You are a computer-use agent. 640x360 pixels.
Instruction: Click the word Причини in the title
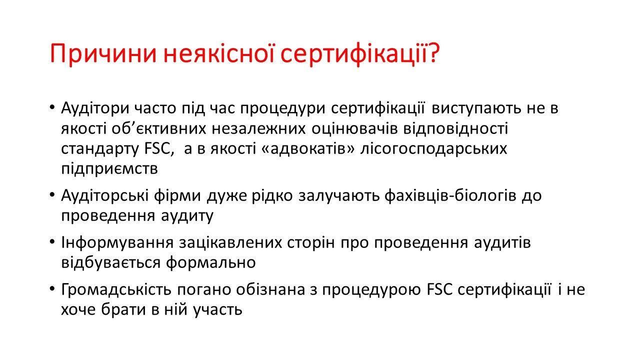pos(103,54)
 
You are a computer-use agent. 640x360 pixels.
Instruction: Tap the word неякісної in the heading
pos(218,53)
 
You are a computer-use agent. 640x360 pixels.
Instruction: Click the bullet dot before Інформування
pos(51,241)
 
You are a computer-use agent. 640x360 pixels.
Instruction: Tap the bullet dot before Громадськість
pos(51,288)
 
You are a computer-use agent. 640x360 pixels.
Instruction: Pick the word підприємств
pos(109,169)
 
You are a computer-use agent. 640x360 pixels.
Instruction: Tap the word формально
pos(211,262)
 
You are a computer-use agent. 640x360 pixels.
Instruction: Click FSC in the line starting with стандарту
pos(157,149)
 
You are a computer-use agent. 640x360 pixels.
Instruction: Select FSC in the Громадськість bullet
pos(439,289)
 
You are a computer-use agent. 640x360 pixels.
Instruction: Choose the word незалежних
pos(258,129)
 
